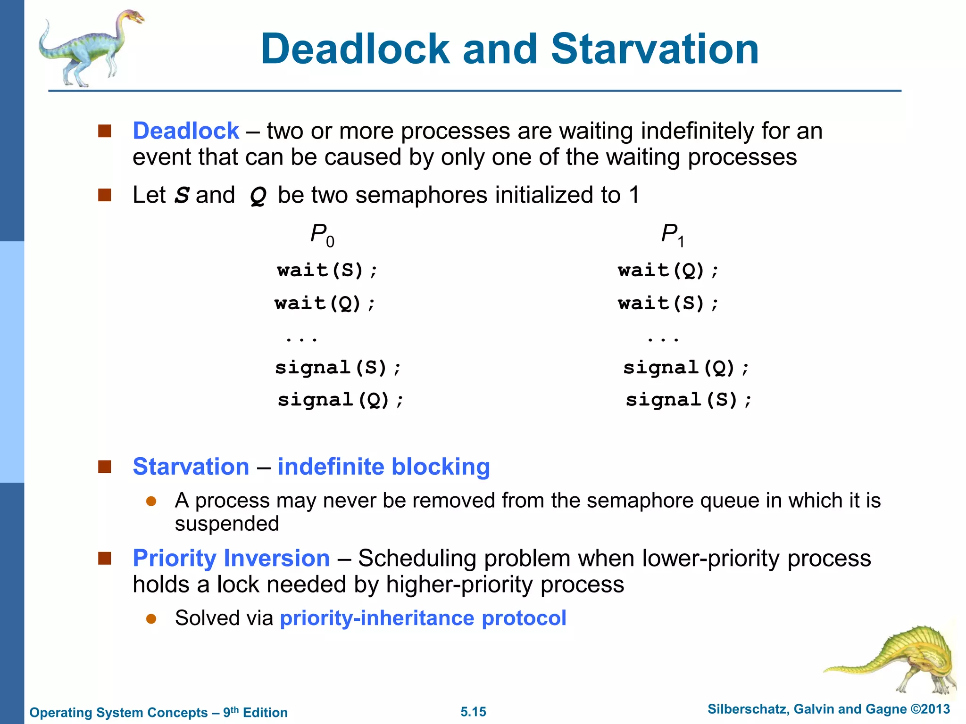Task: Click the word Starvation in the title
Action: (x=655, y=49)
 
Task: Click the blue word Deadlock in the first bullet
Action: (x=186, y=131)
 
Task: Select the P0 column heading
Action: (x=322, y=234)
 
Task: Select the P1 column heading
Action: (x=672, y=234)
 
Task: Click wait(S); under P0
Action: (x=327, y=271)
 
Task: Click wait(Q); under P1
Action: (x=668, y=271)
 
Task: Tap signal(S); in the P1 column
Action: (x=688, y=400)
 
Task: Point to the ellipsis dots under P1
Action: (x=663, y=339)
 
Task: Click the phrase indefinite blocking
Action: (x=383, y=467)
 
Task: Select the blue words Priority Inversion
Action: (x=231, y=559)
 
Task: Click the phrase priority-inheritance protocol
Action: (x=423, y=618)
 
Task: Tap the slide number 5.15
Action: (x=473, y=712)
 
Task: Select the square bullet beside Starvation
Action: (x=104, y=467)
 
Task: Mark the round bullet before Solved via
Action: (x=151, y=618)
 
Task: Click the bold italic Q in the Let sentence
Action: (x=258, y=196)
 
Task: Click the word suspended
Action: (x=227, y=524)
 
